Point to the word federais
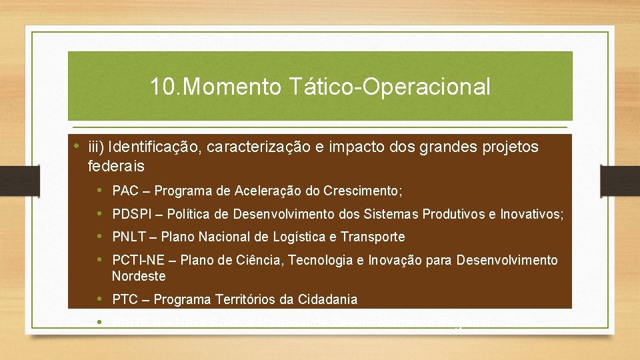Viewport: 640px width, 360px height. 115,166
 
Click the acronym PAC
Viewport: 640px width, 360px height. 125,191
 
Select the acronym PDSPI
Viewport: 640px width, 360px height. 131,214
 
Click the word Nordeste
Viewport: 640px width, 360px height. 139,276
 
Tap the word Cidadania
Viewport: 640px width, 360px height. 327,299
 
